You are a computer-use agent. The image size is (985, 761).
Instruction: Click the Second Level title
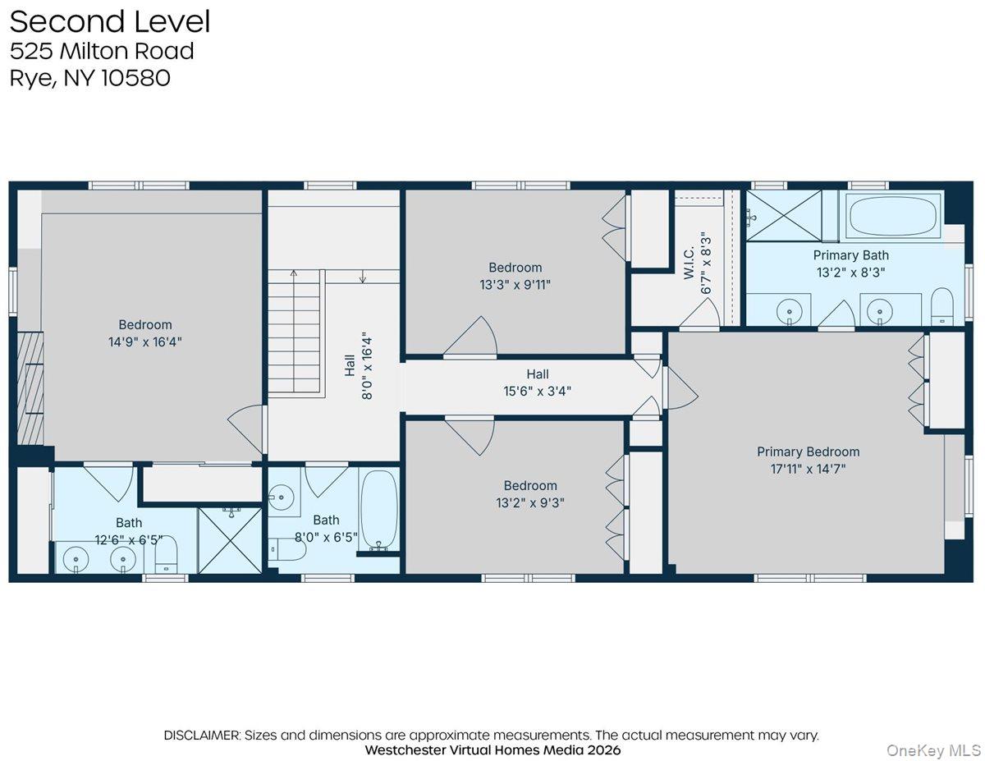click(110, 22)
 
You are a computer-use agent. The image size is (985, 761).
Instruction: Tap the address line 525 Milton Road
click(102, 51)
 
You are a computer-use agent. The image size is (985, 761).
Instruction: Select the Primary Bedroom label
click(808, 452)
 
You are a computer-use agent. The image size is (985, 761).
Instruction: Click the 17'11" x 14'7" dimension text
click(808, 469)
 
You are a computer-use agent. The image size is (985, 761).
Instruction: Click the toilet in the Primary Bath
click(942, 308)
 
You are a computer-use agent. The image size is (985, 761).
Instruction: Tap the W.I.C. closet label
click(689, 263)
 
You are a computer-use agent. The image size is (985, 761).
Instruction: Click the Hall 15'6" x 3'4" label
click(538, 383)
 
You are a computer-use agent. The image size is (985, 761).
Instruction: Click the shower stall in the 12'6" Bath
click(231, 540)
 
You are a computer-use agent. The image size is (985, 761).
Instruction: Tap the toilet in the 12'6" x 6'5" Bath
click(167, 556)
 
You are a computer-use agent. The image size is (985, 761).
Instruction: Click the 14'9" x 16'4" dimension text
click(144, 342)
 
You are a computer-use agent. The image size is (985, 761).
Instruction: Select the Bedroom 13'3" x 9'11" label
click(515, 276)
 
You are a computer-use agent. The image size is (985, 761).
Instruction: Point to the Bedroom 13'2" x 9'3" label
click(530, 494)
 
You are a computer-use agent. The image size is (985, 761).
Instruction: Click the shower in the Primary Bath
click(783, 216)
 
